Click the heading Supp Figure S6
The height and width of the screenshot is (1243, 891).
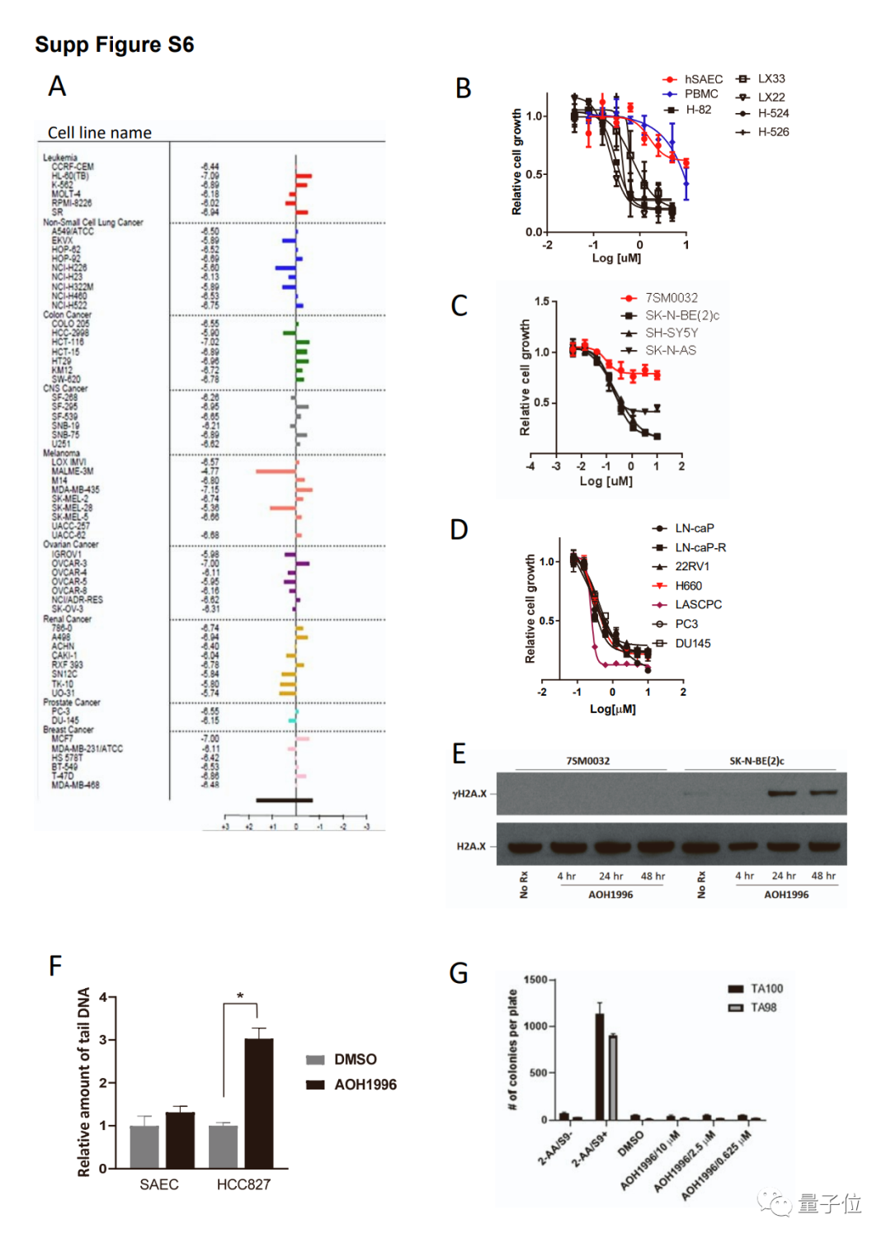click(x=115, y=45)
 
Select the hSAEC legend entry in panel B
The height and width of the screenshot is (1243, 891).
click(x=702, y=79)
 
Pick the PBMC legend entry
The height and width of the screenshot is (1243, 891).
click(x=700, y=94)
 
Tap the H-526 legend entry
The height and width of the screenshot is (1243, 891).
click(x=772, y=132)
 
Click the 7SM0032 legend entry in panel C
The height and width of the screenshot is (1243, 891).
click(x=671, y=298)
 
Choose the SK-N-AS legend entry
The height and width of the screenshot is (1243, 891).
click(x=670, y=351)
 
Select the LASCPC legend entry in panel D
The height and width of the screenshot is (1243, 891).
click(x=697, y=605)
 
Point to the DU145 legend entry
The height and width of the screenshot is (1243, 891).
click(x=692, y=644)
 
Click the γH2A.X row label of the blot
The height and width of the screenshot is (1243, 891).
click(x=469, y=794)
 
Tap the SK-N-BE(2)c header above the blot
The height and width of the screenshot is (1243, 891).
click(x=757, y=761)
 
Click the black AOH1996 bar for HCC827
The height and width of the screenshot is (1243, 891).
click(x=259, y=1104)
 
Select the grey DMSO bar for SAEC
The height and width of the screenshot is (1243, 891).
click(x=144, y=1146)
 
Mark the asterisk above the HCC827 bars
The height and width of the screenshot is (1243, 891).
click(x=240, y=996)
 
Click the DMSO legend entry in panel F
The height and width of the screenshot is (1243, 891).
click(x=355, y=1060)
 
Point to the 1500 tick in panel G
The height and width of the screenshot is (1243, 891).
click(x=535, y=980)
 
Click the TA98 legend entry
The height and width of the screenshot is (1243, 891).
click(x=762, y=1008)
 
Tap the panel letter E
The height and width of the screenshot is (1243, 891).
click(x=459, y=754)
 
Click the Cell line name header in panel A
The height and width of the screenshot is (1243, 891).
click(x=100, y=133)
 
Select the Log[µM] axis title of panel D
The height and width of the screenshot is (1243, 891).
click(x=612, y=709)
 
